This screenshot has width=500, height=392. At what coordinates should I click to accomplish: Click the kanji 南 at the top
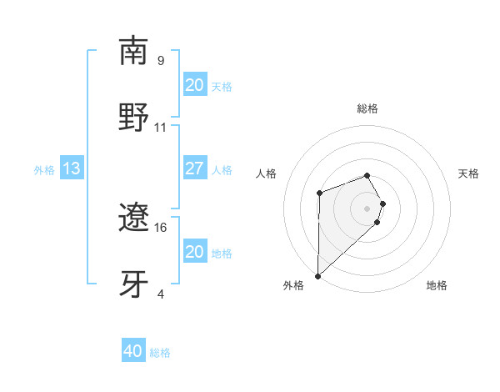[134, 52]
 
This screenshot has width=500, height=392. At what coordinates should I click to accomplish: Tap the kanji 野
[134, 117]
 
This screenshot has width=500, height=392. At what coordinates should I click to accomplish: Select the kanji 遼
[134, 219]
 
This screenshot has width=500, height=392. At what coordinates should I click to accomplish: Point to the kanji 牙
[134, 284]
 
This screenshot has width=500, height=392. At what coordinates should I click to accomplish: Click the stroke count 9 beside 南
[161, 61]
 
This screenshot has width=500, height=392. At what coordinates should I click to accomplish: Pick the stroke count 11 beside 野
[161, 128]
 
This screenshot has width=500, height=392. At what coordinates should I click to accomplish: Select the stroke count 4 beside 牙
[161, 294]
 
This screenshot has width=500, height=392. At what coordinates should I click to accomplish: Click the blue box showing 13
[71, 169]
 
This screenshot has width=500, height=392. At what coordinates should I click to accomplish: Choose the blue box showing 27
[194, 168]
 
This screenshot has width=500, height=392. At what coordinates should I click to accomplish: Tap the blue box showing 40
[133, 351]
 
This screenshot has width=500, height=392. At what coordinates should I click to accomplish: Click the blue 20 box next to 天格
[194, 85]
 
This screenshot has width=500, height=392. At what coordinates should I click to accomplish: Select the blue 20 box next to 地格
[194, 252]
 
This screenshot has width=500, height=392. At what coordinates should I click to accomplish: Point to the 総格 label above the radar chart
[367, 109]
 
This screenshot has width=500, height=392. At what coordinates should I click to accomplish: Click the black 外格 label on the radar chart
[293, 286]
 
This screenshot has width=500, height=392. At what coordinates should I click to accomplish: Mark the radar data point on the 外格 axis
[317, 275]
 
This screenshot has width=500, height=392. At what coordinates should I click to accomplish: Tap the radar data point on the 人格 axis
[319, 194]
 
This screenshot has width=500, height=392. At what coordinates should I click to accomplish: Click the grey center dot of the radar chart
[367, 208]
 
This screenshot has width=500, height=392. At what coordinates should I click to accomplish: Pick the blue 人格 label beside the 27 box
[222, 170]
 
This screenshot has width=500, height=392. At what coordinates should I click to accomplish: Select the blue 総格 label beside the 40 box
[160, 353]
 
